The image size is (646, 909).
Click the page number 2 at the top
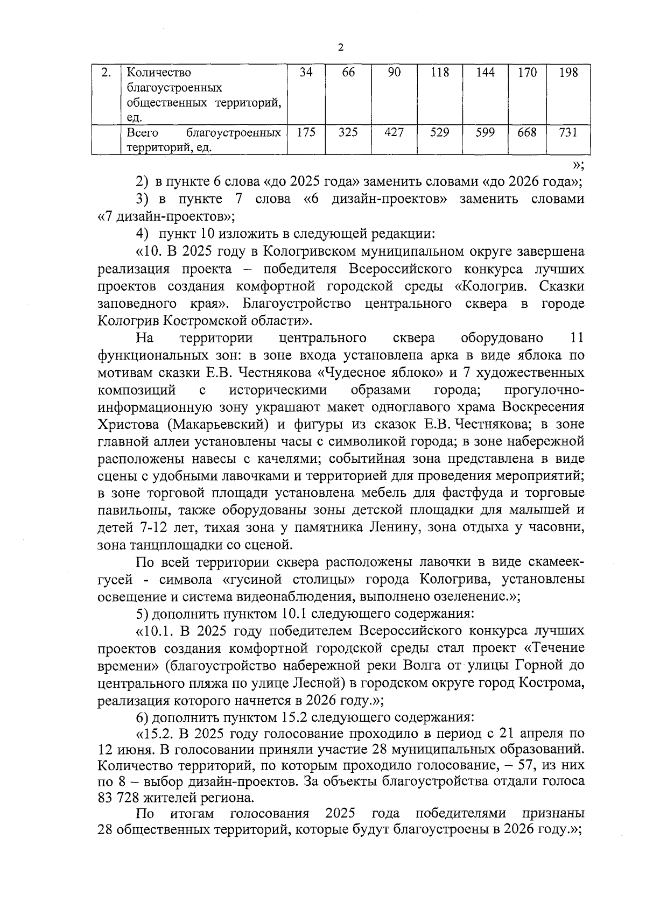[340, 47]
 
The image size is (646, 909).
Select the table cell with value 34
[306, 73]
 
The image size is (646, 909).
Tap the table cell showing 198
[568, 73]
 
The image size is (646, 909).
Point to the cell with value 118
[440, 73]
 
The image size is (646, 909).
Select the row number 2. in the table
[107, 73]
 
